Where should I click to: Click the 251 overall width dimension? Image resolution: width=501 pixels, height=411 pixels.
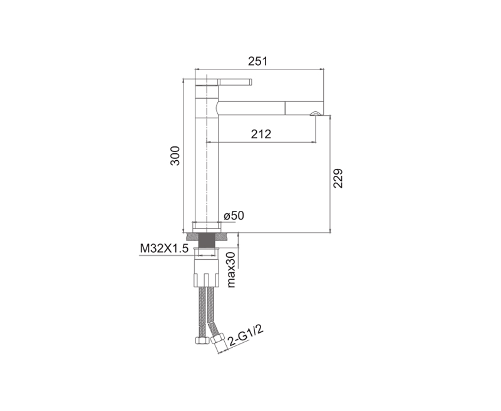click(257, 61)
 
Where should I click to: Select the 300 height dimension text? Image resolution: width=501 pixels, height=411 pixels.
click(175, 156)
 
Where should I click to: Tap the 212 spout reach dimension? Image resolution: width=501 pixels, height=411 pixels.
click(261, 134)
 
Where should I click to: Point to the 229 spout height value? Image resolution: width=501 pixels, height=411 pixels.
click(338, 178)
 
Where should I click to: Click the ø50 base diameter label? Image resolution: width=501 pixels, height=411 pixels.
click(234, 216)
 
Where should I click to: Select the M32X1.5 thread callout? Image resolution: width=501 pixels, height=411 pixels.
click(164, 248)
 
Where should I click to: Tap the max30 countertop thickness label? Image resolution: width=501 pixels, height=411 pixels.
click(230, 270)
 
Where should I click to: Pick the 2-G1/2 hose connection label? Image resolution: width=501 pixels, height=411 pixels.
click(245, 337)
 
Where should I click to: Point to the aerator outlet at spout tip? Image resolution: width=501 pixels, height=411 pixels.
click(315, 113)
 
